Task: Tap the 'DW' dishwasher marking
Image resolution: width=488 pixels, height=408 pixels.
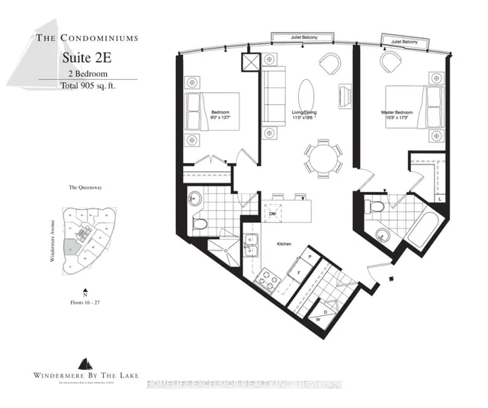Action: click(271, 214)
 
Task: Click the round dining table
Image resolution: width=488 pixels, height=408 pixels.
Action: click(318, 158)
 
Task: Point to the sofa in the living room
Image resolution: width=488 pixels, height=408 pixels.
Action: click(272, 94)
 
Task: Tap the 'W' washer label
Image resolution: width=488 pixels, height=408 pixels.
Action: click(318, 318)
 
